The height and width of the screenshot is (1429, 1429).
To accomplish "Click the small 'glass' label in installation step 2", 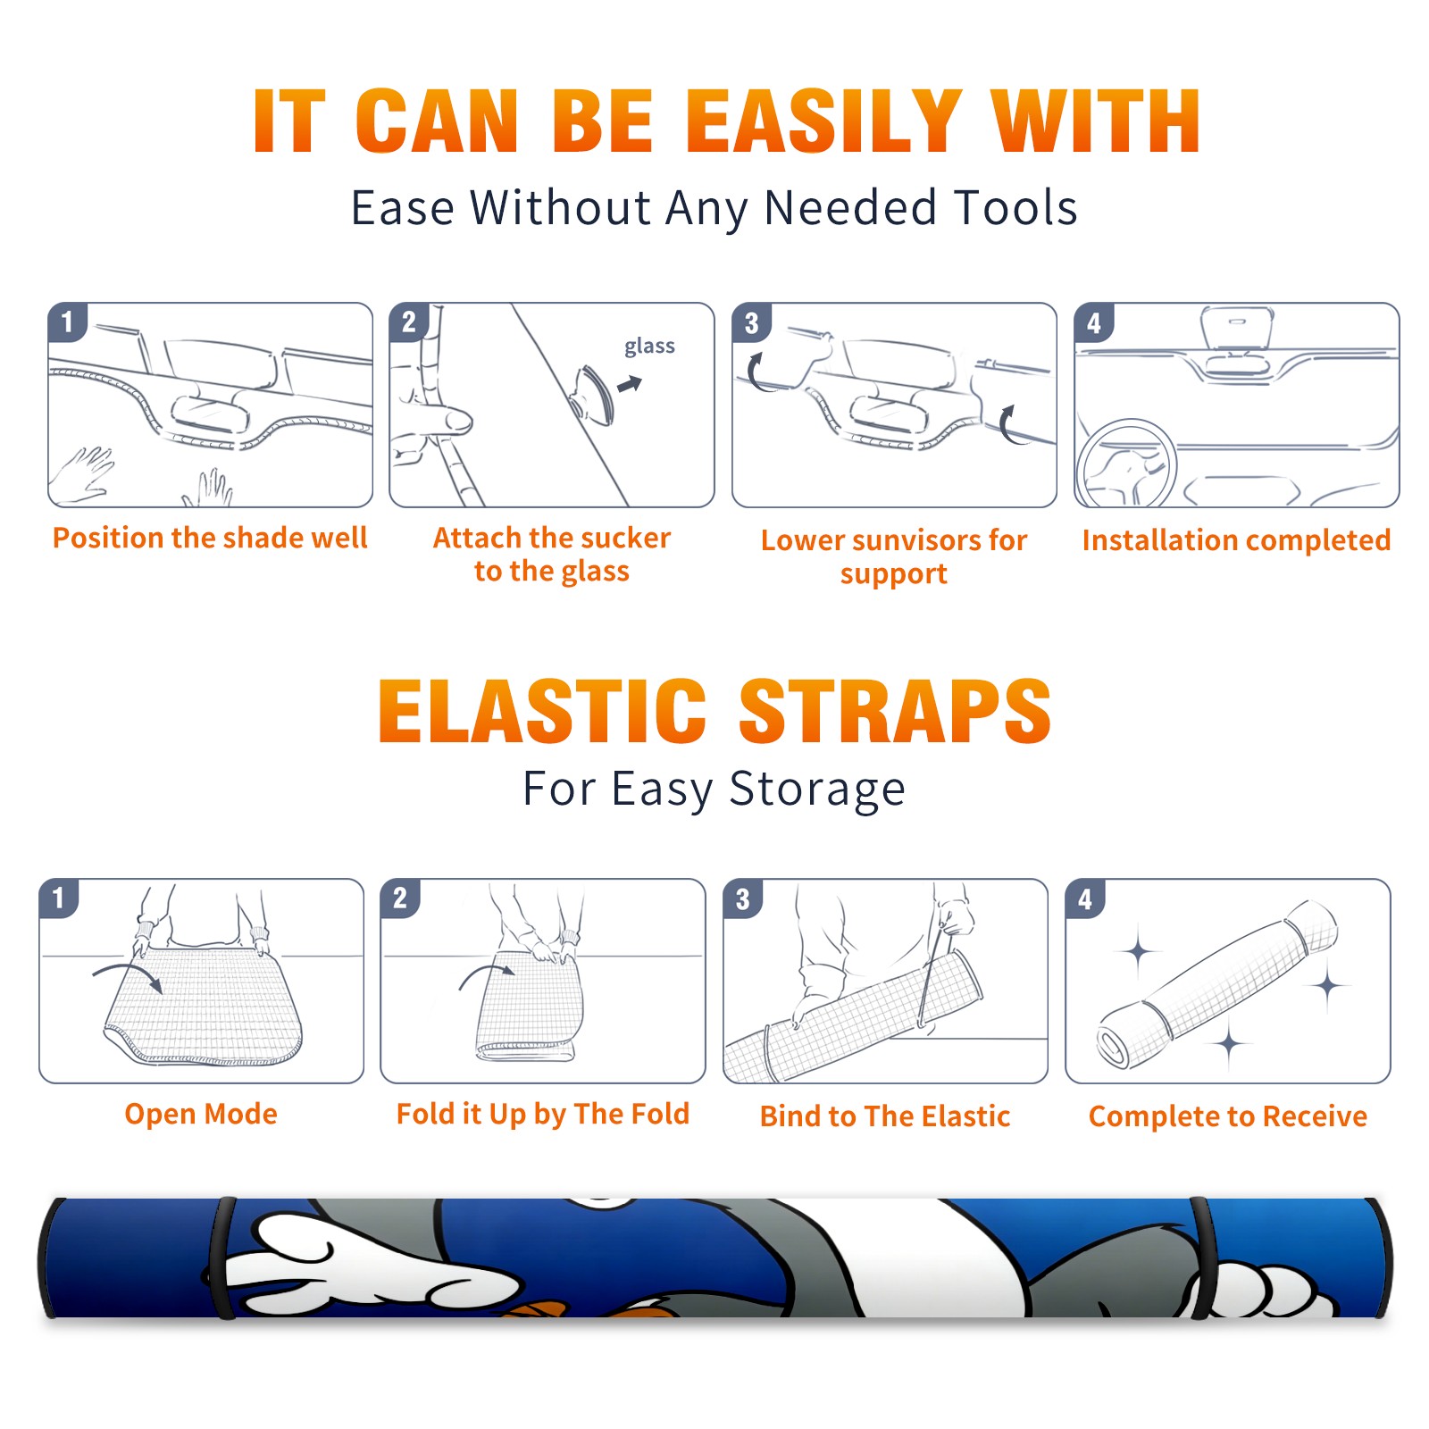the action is [649, 347].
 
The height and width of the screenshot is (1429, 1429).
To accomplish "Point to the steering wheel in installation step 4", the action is [1126, 464].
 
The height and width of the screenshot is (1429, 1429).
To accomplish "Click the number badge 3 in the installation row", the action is [751, 323].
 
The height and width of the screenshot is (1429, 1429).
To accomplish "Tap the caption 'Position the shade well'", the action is [210, 538].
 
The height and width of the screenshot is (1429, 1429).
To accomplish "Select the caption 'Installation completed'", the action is [1236, 540].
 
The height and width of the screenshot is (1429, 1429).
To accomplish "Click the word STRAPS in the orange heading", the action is [895, 711].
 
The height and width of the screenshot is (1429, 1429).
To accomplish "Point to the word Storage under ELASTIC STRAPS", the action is [816, 790].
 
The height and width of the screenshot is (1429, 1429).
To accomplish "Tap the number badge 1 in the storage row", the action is [59, 898].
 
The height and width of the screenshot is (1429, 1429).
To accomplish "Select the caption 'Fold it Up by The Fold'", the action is [543, 1114].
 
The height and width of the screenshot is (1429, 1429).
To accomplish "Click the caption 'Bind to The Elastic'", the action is [885, 1116].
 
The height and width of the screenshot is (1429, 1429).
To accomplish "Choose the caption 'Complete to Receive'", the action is [1228, 1116].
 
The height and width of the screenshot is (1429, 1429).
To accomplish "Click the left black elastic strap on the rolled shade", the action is [221, 1258].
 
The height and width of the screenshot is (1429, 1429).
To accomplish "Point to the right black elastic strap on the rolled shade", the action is [1202, 1258].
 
